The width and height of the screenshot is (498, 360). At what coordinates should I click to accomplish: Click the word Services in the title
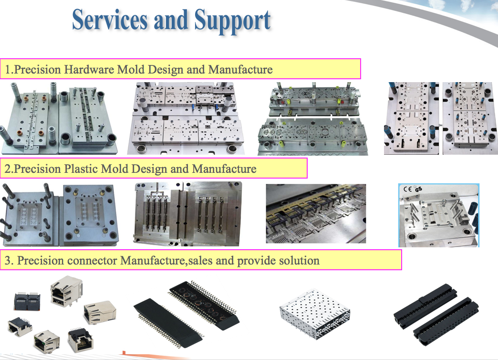click(x=110, y=20)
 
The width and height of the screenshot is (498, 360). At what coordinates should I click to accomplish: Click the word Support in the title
click(x=232, y=21)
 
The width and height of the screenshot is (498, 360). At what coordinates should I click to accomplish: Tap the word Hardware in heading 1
click(x=89, y=69)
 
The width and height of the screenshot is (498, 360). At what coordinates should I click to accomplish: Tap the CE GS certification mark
click(x=413, y=189)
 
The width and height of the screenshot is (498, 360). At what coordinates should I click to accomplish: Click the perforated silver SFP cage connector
click(x=315, y=314)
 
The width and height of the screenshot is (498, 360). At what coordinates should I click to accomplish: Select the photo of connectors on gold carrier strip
click(x=316, y=214)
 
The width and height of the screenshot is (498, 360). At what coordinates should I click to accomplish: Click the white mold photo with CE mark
click(x=438, y=215)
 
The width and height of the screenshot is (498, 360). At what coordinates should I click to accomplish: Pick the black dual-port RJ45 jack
click(x=27, y=301)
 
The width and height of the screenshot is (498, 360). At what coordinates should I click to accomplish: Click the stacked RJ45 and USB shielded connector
click(x=66, y=291)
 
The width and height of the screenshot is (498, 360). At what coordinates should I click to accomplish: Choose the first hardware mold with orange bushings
click(x=59, y=118)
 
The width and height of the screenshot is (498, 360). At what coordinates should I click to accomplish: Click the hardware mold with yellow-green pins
click(x=313, y=118)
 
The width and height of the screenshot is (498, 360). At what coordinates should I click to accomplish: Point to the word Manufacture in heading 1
click(x=240, y=69)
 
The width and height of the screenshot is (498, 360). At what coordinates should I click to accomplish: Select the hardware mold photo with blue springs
click(x=441, y=118)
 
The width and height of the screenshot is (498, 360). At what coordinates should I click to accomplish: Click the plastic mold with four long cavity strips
click(x=187, y=214)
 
